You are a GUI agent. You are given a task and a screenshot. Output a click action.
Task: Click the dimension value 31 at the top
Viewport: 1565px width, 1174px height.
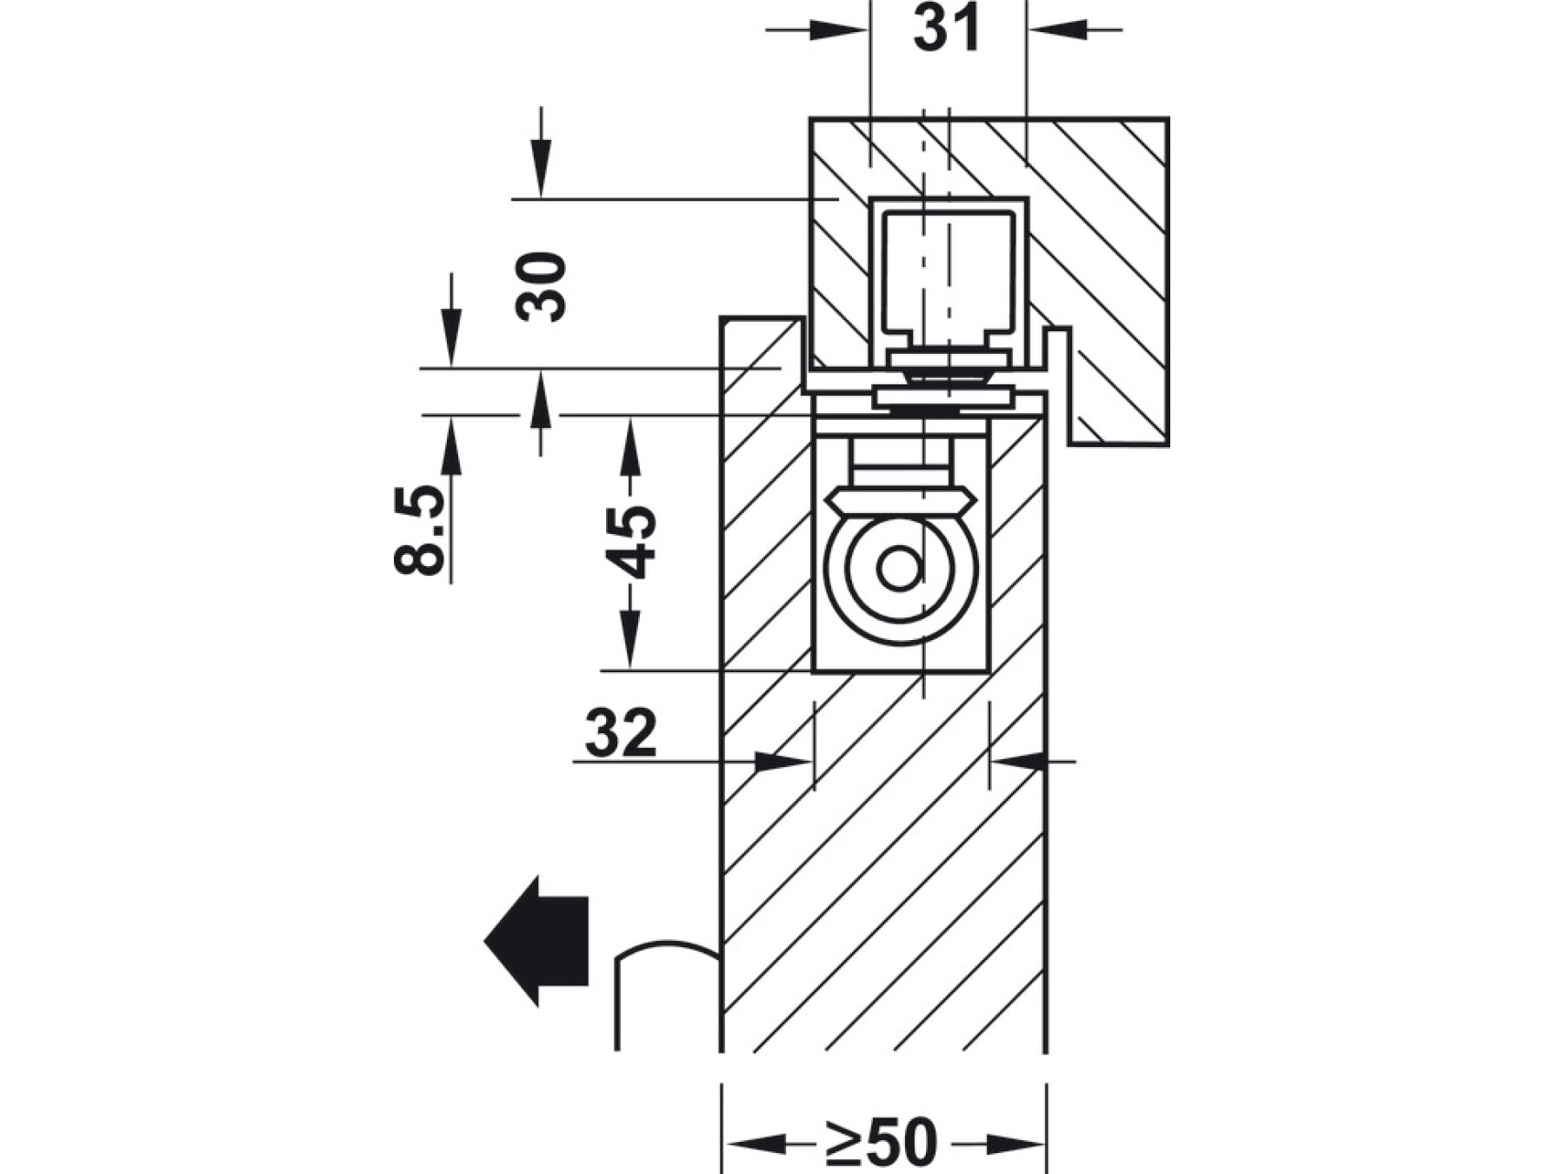click(947, 30)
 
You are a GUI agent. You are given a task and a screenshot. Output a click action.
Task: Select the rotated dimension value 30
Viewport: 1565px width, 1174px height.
click(541, 286)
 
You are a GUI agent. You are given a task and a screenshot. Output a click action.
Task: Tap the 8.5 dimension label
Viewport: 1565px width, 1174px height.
click(420, 530)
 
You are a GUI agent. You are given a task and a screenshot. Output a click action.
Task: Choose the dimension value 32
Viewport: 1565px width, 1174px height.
click(621, 733)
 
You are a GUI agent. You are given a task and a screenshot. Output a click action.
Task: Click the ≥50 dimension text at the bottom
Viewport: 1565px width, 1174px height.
click(882, 1141)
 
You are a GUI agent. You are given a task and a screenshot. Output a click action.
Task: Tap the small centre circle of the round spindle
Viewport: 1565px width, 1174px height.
click(899, 570)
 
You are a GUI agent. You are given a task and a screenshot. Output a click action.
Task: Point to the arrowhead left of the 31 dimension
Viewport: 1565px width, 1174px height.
click(839, 30)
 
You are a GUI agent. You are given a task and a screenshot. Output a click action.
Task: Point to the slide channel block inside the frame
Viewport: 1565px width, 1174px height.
click(948, 275)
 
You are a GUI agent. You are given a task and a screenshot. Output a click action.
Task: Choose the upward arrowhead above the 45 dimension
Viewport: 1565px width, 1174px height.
click(631, 448)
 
